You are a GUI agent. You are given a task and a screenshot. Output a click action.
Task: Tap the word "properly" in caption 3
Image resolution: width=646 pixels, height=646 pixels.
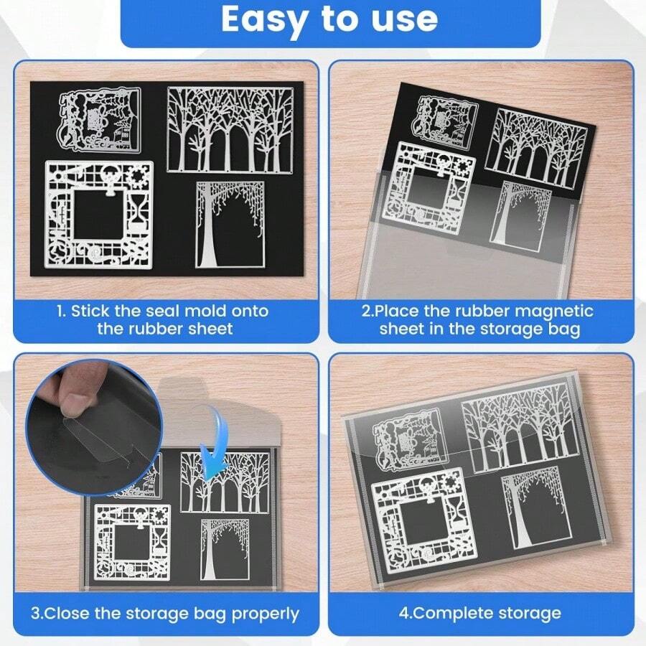tap(266, 614)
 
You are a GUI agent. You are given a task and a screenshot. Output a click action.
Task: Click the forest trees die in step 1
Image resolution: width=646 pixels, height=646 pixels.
tap(230, 130)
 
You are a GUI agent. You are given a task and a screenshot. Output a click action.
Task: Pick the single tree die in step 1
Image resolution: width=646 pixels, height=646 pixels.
tap(230, 225)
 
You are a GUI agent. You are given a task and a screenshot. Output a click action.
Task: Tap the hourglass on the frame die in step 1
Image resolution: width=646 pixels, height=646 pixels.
tap(140, 210)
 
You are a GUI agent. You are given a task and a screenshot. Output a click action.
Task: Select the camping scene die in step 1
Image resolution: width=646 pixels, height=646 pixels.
tap(100, 118)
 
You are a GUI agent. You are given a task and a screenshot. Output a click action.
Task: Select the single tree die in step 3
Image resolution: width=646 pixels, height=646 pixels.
tap(225, 549)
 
